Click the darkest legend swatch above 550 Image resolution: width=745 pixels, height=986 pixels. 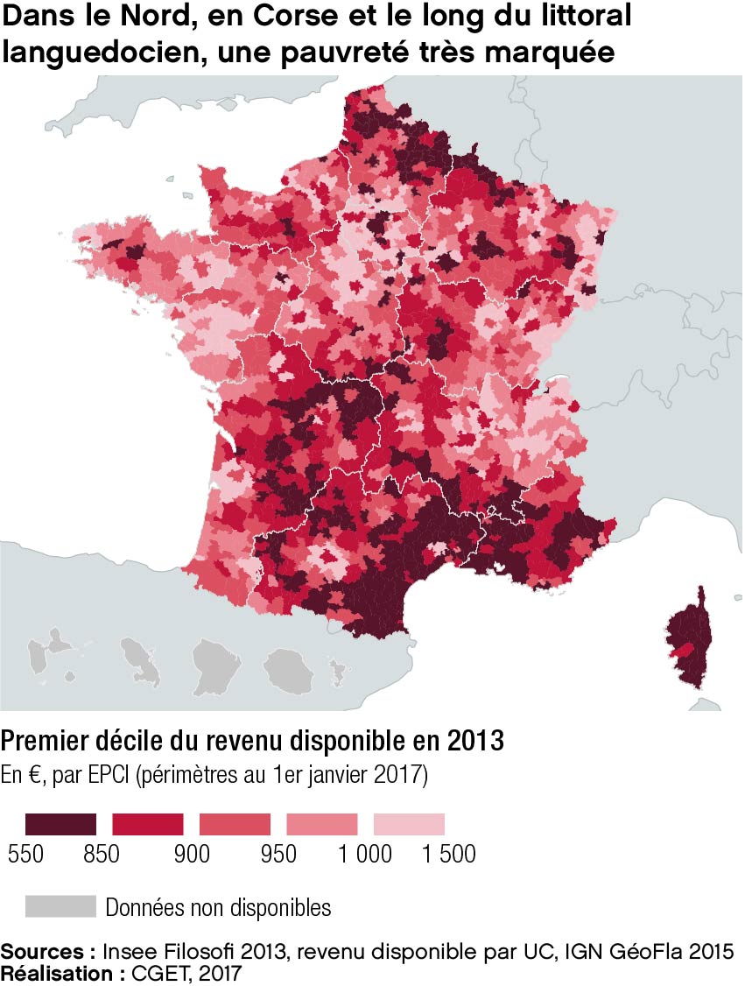point(60,823)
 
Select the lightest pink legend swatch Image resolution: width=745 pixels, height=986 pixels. point(409,823)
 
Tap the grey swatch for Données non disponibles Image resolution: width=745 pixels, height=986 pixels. point(60,906)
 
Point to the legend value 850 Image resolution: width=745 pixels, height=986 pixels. point(102,854)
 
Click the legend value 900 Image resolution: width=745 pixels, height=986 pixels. point(192,854)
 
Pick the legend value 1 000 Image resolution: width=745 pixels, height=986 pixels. point(365,854)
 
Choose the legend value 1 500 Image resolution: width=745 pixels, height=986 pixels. point(449,854)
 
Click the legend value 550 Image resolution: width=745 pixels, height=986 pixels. point(26,854)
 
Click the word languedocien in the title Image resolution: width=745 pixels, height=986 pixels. point(102,51)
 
